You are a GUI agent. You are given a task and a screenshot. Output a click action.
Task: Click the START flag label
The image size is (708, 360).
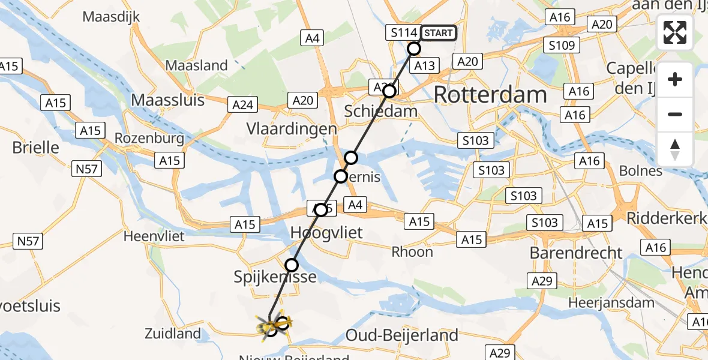coord(438,33)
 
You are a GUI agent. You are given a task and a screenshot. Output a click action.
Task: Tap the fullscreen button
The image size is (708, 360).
coord(675,32)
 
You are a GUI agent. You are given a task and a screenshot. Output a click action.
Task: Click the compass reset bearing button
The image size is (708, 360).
coord(675,149)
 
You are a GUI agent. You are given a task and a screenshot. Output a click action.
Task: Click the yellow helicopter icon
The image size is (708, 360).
coord(274,325)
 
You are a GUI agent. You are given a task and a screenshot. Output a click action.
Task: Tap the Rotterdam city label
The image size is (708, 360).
coord(490,95)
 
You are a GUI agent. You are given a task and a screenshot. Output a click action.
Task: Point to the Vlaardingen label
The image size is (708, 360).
coord(292,129)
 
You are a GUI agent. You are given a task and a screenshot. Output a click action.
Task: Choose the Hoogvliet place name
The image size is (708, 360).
coord(326,232)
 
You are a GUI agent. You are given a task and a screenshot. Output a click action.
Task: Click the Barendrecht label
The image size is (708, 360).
coord(576,253)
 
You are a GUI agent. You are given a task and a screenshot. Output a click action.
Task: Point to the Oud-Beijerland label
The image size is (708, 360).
coord(402,334)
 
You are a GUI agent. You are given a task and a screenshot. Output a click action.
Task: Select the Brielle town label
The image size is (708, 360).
coord(36,147)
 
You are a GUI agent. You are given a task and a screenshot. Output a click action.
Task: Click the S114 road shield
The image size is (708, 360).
coord(403,33)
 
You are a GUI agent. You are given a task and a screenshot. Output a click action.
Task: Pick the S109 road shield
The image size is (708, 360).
coord(562,45)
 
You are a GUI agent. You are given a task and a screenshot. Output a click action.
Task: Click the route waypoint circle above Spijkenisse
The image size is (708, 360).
coord(292,265)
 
